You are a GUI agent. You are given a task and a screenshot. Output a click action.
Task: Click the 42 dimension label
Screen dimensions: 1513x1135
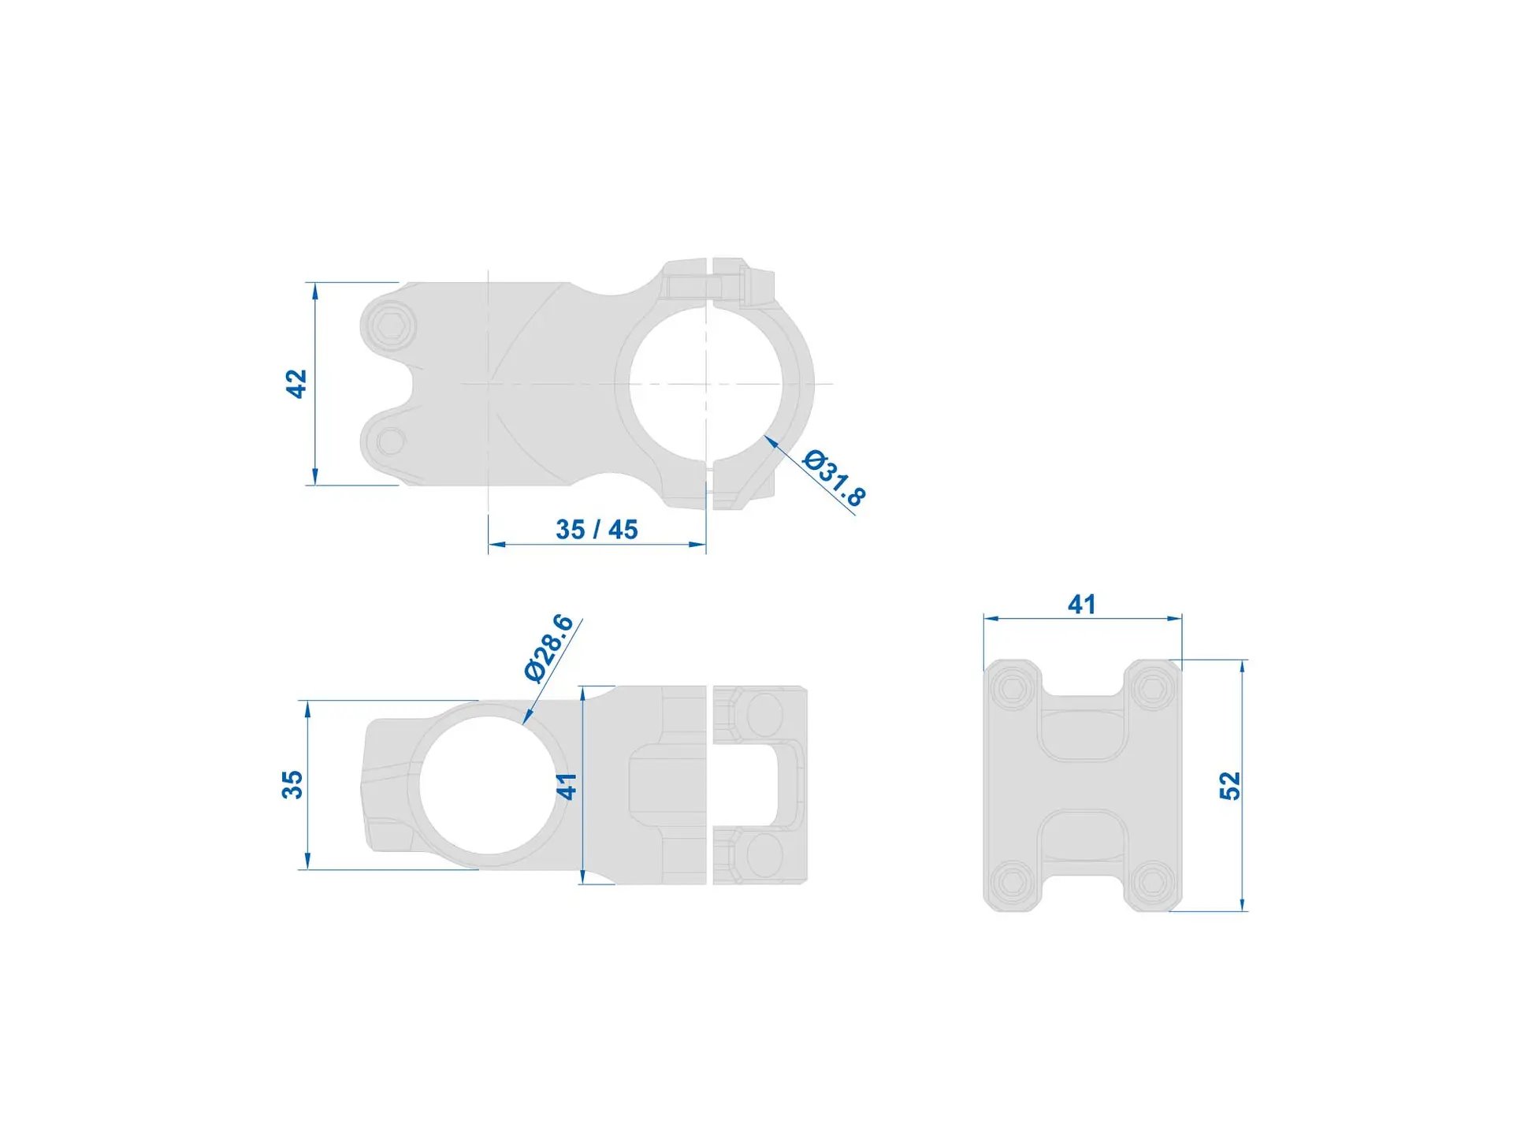(296, 384)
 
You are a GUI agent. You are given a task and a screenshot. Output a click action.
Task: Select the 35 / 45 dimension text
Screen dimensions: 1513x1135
(597, 530)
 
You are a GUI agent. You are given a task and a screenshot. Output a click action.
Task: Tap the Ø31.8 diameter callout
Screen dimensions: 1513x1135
(834, 478)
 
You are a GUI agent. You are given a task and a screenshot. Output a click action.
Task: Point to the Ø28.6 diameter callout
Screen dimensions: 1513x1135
(548, 648)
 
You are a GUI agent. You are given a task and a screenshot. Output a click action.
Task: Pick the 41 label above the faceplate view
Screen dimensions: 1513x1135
(1082, 605)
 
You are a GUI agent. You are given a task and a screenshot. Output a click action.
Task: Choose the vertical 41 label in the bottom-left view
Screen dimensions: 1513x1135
(567, 786)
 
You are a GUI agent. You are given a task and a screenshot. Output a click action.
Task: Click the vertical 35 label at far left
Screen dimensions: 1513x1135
(292, 785)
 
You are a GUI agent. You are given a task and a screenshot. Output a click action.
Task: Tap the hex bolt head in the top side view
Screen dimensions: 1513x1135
(392, 324)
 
